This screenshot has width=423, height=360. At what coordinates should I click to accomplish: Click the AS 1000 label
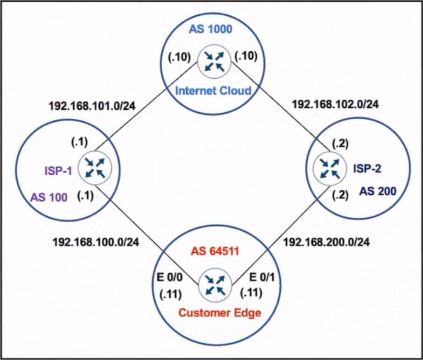[210, 29]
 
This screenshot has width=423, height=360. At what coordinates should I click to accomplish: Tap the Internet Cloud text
[213, 90]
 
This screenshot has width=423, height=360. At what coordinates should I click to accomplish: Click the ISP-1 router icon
[95, 168]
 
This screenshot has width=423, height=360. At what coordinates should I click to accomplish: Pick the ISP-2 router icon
[329, 169]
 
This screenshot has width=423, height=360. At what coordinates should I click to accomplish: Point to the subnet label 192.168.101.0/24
[92, 106]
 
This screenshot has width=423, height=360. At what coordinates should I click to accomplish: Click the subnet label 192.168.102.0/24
[335, 104]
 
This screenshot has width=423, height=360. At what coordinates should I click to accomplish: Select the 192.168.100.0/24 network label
[96, 242]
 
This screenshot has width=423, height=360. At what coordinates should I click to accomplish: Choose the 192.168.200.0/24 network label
[326, 242]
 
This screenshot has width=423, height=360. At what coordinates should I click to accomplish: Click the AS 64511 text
[215, 251]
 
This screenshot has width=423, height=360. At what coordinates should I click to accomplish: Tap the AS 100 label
[49, 197]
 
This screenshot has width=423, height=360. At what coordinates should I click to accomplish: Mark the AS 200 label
[378, 191]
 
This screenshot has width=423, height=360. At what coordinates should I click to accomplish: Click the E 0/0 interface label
[170, 277]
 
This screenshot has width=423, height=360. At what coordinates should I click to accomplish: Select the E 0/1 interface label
[262, 277]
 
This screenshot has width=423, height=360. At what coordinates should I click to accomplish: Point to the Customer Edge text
[220, 313]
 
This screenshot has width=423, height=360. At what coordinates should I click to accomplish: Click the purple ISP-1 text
[58, 170]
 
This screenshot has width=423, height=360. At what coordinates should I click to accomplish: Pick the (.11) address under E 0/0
[170, 294]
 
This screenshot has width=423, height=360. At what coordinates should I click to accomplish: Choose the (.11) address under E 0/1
[251, 293]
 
